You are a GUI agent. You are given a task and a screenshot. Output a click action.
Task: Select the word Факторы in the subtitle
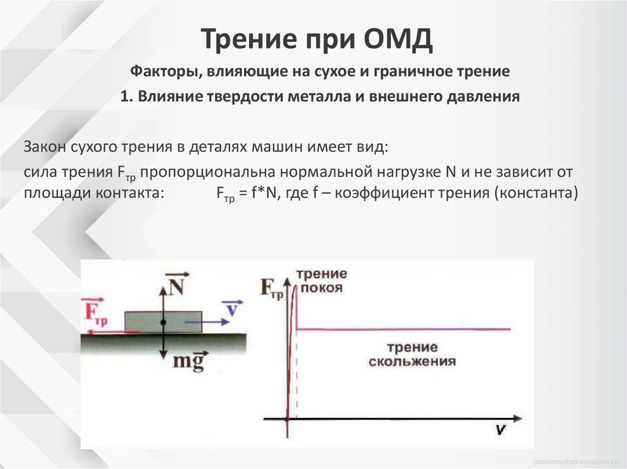160,72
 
